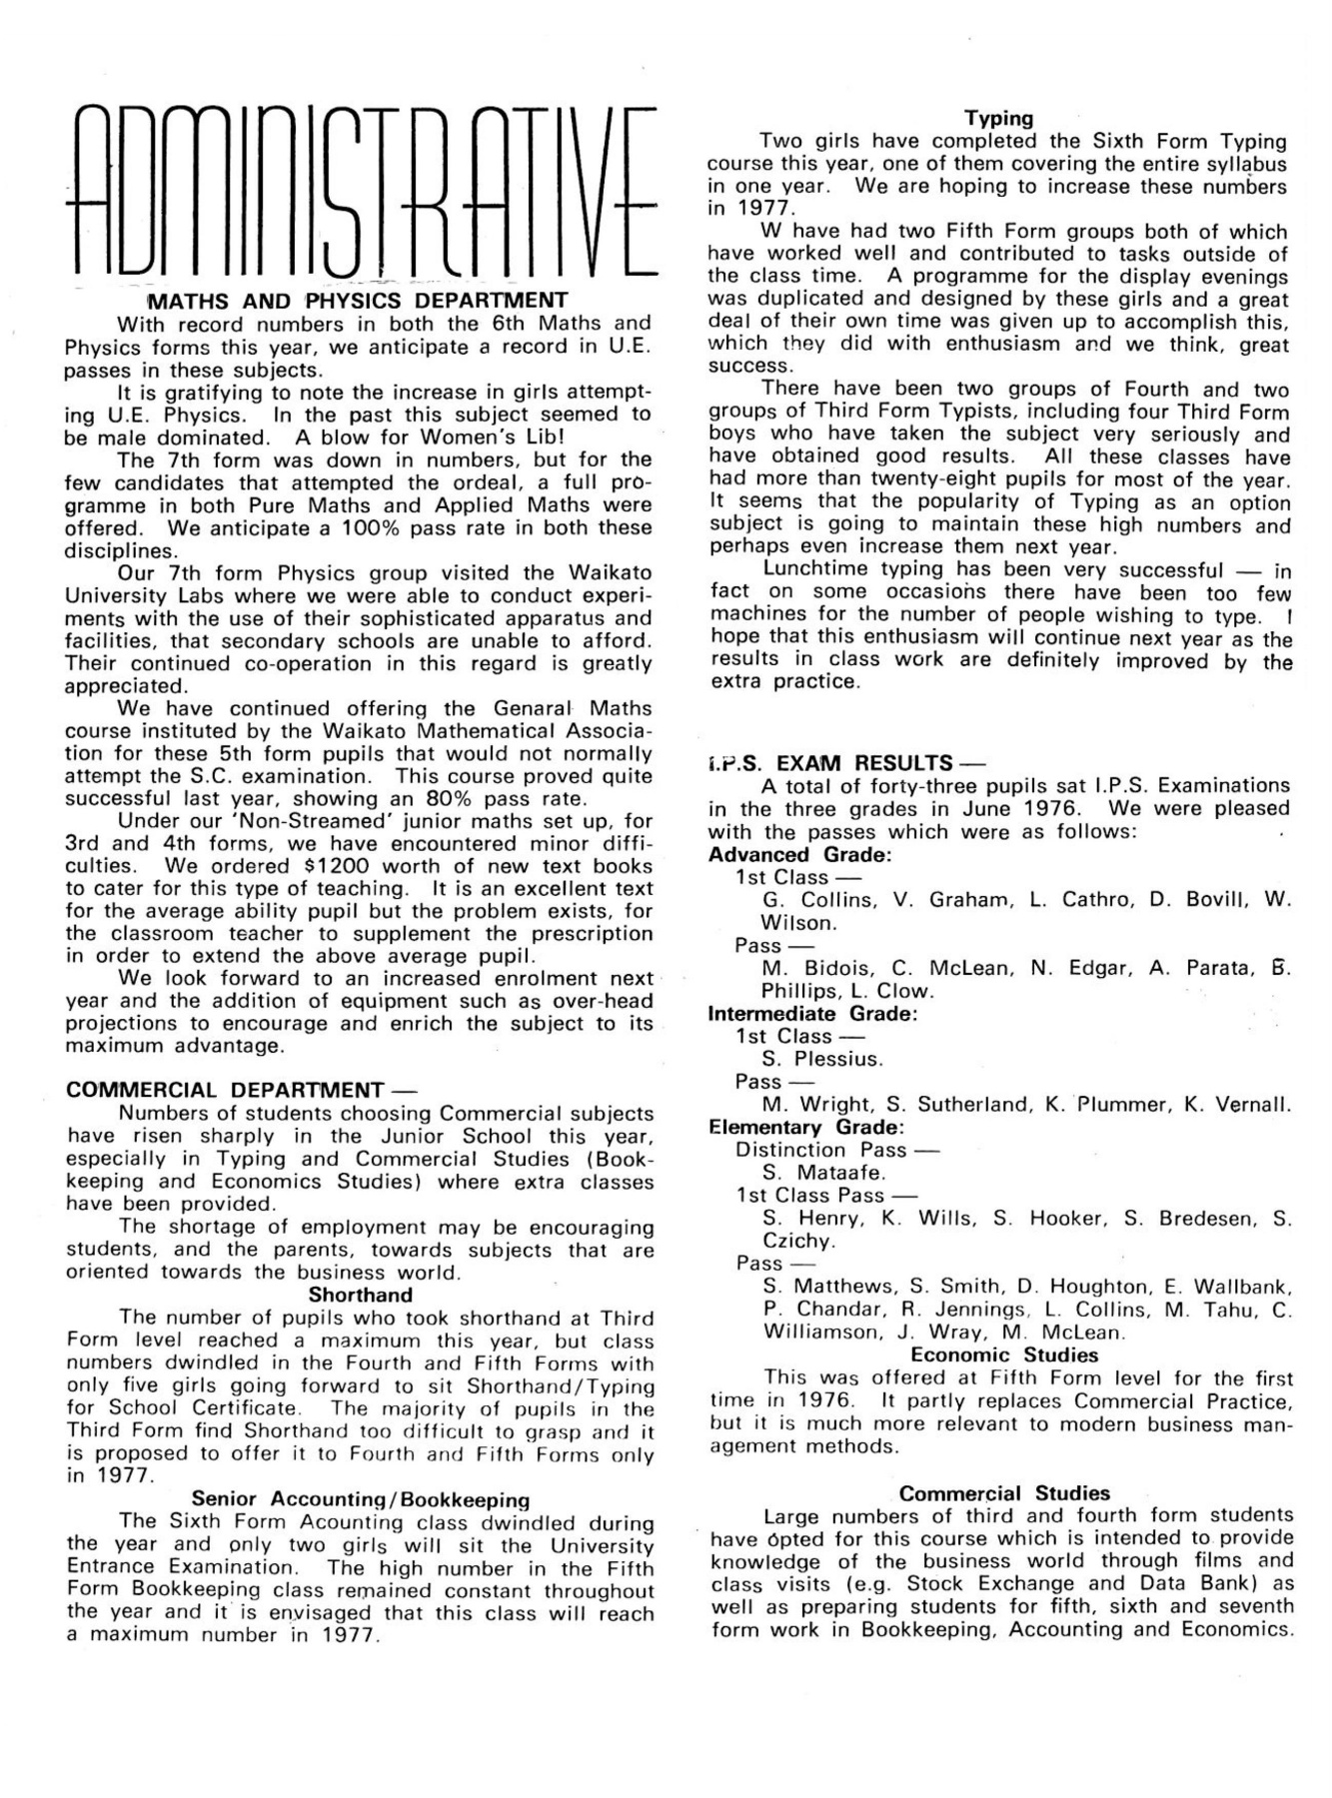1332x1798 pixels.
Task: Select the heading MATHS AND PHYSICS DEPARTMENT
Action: [357, 301]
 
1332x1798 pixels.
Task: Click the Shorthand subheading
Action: [360, 1296]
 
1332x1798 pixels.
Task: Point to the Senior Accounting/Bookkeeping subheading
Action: [360, 1499]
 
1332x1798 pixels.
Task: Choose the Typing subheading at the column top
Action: [998, 119]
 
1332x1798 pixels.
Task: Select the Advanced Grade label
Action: [799, 855]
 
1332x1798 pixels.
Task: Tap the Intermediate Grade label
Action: [812, 1014]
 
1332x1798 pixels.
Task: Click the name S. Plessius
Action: [822, 1059]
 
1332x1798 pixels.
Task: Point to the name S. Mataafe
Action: [823, 1173]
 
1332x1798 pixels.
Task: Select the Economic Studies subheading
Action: [1004, 1355]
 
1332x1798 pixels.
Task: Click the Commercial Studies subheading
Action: [1004, 1493]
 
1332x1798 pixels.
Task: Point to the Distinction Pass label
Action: [821, 1150]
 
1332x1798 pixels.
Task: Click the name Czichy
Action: [797, 1242]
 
